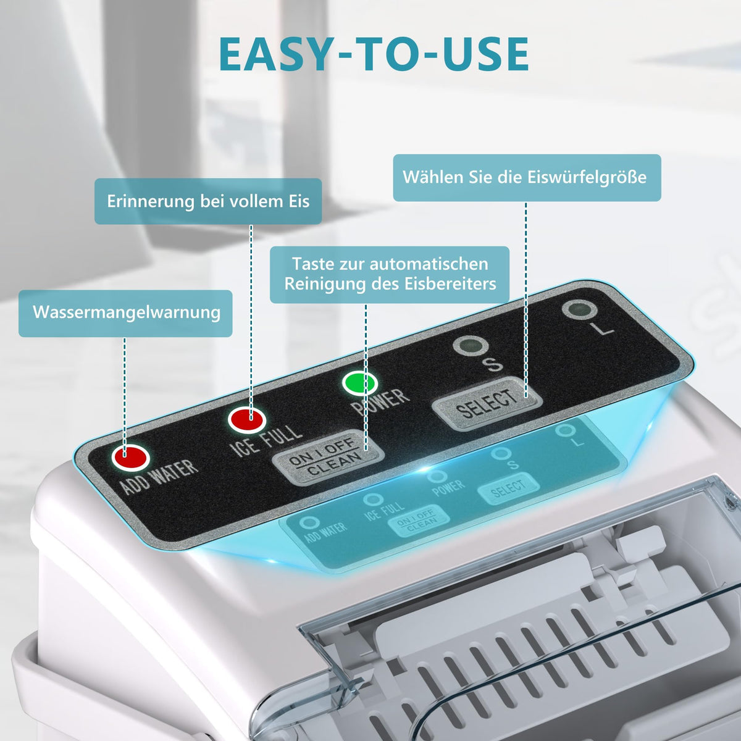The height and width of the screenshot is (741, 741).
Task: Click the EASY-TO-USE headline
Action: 374,54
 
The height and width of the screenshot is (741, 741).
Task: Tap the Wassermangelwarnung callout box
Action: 125,314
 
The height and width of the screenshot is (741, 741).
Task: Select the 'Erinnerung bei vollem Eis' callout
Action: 208,201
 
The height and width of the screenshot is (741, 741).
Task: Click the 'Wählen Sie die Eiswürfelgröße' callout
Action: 527,178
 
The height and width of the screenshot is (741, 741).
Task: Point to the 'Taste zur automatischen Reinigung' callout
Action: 390,275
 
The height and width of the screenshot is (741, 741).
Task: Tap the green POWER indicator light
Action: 360,383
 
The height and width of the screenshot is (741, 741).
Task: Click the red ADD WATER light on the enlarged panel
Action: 131,458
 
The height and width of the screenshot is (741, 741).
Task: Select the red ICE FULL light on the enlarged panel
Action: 247,419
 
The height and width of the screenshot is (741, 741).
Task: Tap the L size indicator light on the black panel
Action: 579,309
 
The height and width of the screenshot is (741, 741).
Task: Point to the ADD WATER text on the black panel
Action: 159,477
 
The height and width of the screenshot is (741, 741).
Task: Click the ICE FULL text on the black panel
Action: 266,441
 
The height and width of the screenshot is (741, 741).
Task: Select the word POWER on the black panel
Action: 380,402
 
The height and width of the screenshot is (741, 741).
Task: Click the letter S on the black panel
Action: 494,364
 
